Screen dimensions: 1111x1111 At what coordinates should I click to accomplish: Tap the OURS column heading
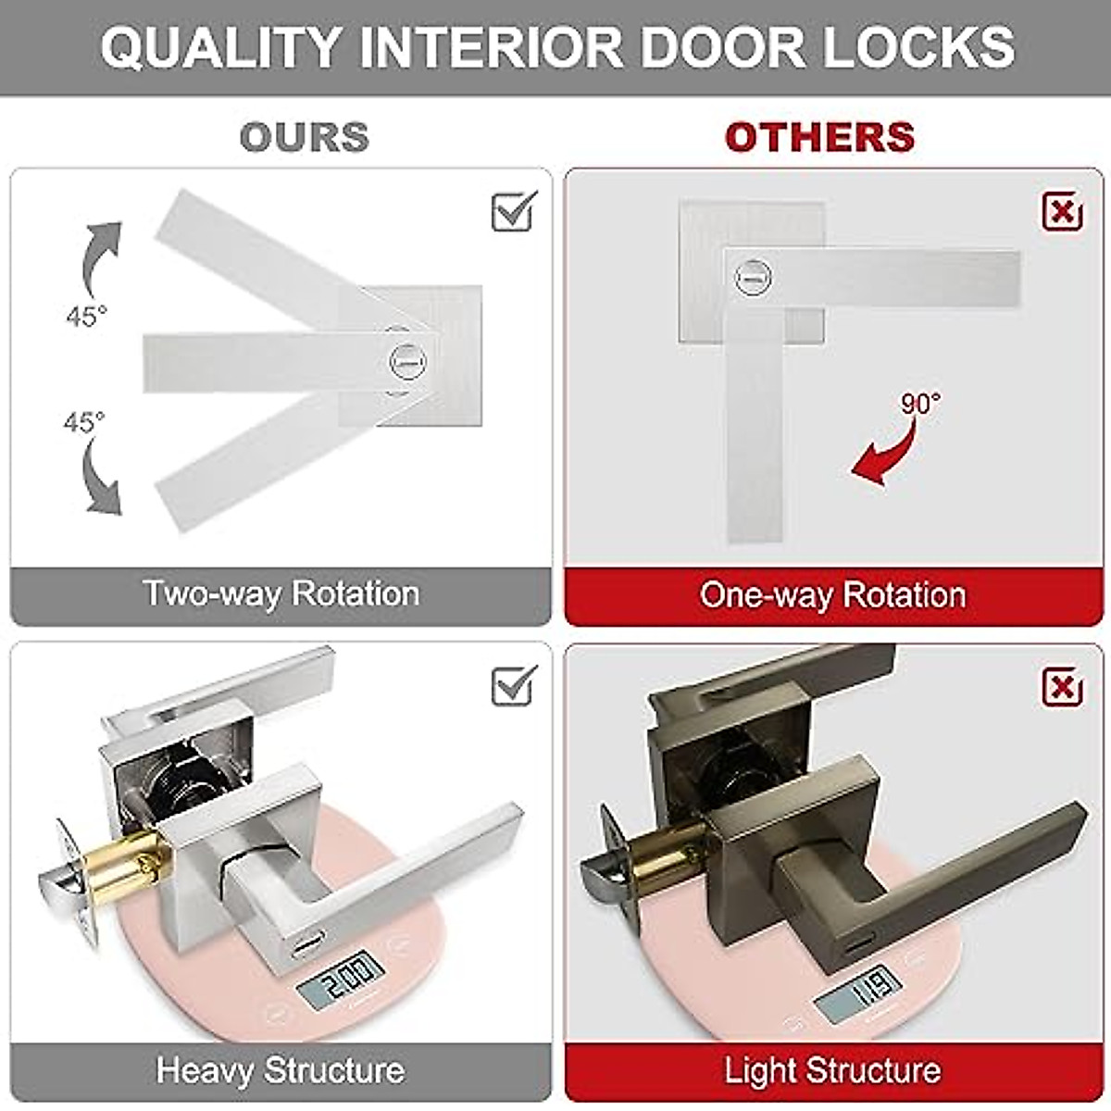click(x=304, y=137)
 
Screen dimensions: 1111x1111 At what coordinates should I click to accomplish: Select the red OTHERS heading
click(x=819, y=137)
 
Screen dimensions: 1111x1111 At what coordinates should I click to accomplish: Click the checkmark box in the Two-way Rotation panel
click(x=514, y=212)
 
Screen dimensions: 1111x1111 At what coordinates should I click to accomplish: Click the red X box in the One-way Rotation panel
click(x=1062, y=212)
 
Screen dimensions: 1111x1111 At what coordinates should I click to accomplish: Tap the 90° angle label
click(x=920, y=405)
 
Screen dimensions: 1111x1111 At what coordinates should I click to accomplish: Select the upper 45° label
click(x=86, y=316)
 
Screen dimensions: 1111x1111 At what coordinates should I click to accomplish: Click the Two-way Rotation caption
click(x=281, y=593)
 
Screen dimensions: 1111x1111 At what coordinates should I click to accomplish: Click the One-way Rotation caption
click(x=832, y=594)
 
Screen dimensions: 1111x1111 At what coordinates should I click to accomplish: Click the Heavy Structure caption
click(x=281, y=1070)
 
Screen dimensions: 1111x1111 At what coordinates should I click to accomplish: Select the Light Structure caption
click(x=832, y=1071)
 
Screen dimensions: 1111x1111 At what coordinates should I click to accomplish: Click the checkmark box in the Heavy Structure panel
click(x=514, y=686)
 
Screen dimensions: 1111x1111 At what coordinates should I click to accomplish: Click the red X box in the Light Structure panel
click(x=1062, y=687)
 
